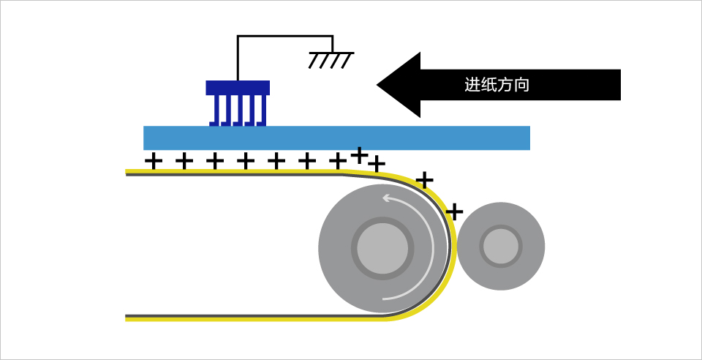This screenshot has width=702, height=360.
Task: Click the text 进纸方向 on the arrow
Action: click(x=497, y=85)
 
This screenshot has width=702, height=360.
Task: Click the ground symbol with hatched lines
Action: click(x=331, y=59)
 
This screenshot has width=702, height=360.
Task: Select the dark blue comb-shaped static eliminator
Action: click(x=238, y=103)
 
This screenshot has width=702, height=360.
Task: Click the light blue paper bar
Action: click(x=336, y=138)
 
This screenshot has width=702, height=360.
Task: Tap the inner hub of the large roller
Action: click(x=382, y=247)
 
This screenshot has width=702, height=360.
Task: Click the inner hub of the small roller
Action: click(x=501, y=246)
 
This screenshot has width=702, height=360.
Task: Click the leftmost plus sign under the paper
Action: click(x=154, y=160)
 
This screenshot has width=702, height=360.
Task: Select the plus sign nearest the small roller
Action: click(x=454, y=211)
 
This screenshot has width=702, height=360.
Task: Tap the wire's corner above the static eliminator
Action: click(x=238, y=36)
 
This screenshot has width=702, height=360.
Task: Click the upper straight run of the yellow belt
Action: click(x=234, y=173)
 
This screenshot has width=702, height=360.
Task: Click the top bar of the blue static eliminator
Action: click(x=238, y=88)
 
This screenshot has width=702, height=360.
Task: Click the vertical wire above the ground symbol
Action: click(x=333, y=44)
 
